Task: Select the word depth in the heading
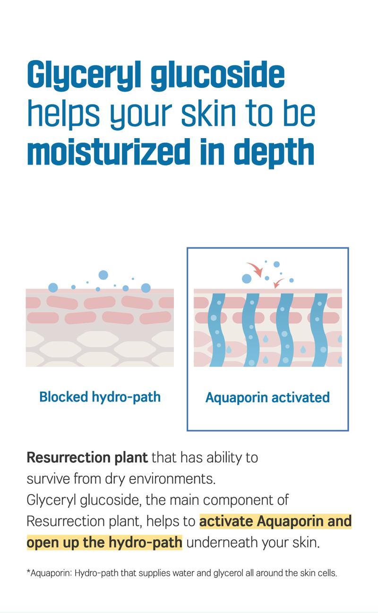[274, 153]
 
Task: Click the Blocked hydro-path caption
[100, 397]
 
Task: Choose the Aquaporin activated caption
[267, 398]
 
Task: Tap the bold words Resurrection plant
[87, 457]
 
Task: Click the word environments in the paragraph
[172, 479]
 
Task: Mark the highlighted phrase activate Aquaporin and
[275, 521]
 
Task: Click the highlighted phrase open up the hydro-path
[104, 543]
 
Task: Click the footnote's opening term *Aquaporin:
[49, 573]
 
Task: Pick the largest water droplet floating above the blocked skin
[103, 275]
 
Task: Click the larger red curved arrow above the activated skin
[255, 269]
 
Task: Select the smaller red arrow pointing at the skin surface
[278, 283]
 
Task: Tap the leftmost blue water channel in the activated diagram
[217, 330]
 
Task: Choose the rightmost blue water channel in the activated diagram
[319, 330]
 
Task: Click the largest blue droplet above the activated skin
[247, 279]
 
